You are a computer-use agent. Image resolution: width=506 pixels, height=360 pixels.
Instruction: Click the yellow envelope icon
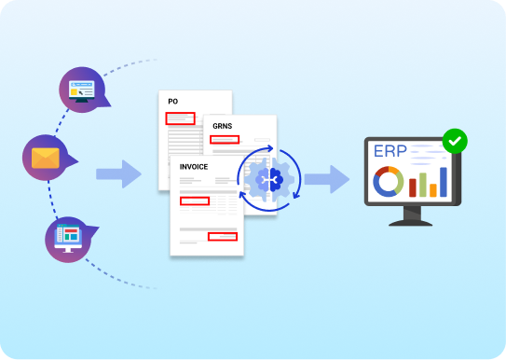point(44,158)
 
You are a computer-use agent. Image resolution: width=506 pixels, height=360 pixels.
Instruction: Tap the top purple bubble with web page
point(82,91)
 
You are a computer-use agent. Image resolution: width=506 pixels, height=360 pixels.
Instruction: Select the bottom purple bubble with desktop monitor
point(69,236)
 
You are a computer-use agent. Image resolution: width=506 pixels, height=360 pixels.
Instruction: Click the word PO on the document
point(172,101)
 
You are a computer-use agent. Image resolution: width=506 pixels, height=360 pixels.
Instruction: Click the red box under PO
point(180,118)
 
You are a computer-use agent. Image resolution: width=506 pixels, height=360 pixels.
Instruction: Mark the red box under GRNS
point(225,140)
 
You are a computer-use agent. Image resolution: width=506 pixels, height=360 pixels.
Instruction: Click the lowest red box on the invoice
point(222,237)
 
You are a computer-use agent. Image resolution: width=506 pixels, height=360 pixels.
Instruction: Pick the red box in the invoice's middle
point(195,201)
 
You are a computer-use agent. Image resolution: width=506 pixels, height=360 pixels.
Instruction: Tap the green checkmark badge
point(454,141)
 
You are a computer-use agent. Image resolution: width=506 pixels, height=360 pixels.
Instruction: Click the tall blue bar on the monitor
point(443,182)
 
